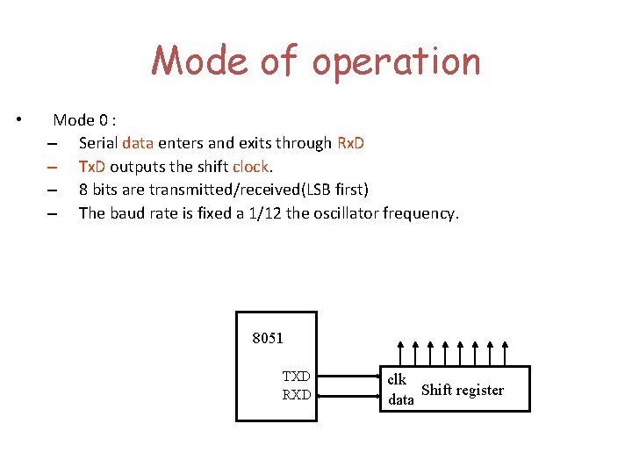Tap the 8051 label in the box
pyautogui.click(x=268, y=338)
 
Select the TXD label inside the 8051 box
pyautogui.click(x=296, y=377)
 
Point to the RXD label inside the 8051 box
pyautogui.click(x=296, y=395)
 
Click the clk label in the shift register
pyautogui.click(x=397, y=379)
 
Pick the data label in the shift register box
pyautogui.click(x=401, y=399)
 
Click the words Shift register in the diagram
pyautogui.click(x=463, y=390)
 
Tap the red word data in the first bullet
pyautogui.click(x=138, y=142)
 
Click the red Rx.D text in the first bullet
pyautogui.click(x=350, y=142)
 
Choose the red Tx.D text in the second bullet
pyautogui.click(x=92, y=166)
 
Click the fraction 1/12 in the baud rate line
pyautogui.click(x=269, y=212)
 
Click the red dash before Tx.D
pyautogui.click(x=53, y=167)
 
